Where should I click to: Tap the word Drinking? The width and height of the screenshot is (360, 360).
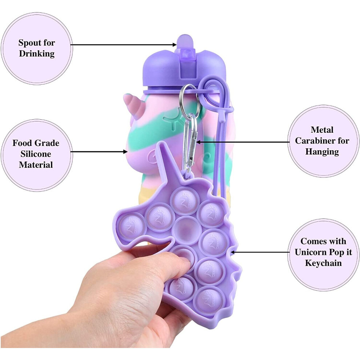[37, 54]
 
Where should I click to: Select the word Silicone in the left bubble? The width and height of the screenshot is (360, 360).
[36, 154]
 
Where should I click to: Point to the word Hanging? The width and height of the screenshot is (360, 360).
[322, 152]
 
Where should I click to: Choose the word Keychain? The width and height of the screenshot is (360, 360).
[323, 263]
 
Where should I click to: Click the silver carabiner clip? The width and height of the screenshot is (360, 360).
[190, 142]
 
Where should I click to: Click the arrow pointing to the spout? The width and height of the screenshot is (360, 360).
[124, 44]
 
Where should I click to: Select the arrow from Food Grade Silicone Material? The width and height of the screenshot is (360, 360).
[99, 152]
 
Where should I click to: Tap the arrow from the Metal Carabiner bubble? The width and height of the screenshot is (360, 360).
[243, 142]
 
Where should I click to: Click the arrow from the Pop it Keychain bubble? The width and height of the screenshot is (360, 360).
[260, 252]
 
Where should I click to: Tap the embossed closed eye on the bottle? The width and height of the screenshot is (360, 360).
[170, 121]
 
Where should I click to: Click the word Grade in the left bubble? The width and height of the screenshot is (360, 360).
[48, 143]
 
